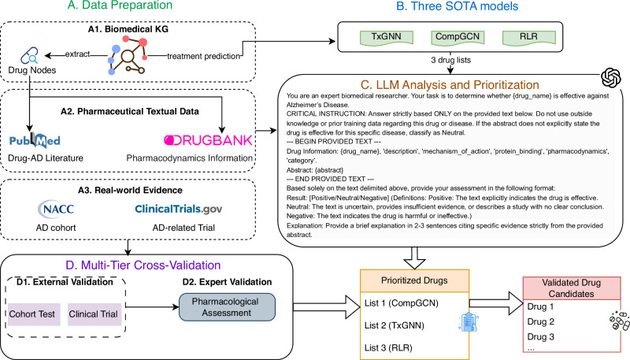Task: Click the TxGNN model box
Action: click(386, 37)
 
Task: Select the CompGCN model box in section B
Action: click(458, 37)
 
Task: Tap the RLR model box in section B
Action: click(528, 37)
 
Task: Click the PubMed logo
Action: click(35, 140)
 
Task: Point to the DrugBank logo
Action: click(208, 140)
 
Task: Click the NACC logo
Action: click(56, 209)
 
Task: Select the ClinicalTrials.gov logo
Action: click(179, 209)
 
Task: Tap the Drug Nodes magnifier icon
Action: click(29, 56)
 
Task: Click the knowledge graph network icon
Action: click(128, 55)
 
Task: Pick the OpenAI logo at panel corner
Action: click(611, 77)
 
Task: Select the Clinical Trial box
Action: click(94, 314)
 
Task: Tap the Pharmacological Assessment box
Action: click(227, 307)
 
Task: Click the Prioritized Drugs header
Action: click(414, 280)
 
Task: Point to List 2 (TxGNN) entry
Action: click(395, 325)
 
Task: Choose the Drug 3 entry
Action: click(540, 336)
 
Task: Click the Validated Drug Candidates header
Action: click(572, 288)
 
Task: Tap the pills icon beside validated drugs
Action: click(619, 321)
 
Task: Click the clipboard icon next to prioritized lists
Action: click(469, 322)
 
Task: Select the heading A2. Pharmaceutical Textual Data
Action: click(130, 111)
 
